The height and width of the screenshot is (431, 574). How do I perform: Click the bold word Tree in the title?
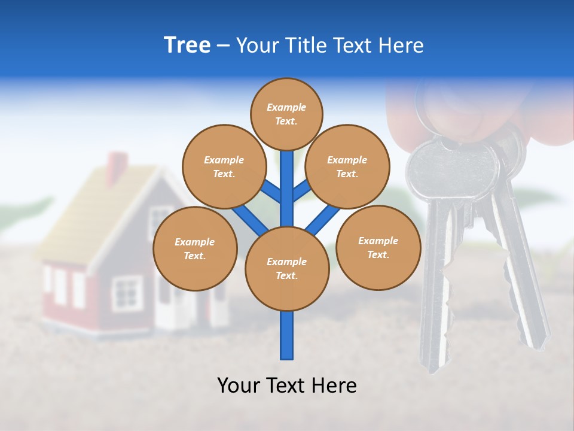[x=187, y=45]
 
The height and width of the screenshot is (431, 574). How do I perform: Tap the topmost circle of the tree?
[x=286, y=114]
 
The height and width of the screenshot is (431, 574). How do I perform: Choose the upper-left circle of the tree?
[x=224, y=166]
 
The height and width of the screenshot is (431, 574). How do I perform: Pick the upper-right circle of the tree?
[x=347, y=166]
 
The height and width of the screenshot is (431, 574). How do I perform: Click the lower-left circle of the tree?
[x=195, y=248]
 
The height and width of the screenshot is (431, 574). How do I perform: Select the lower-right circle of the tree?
[x=378, y=247]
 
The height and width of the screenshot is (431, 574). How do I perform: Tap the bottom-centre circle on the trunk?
[x=287, y=268]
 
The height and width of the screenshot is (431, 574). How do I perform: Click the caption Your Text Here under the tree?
[x=287, y=386]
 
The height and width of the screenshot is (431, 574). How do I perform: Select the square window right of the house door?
[x=127, y=293]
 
